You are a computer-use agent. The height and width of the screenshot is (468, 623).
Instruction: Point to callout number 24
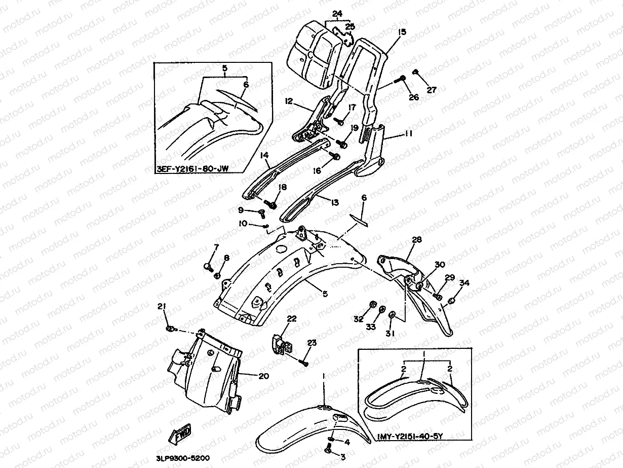(337, 14)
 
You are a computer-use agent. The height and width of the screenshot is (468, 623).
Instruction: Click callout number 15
(402, 32)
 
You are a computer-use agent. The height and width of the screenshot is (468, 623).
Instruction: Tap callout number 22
(291, 318)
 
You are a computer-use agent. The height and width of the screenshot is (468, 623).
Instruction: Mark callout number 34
(464, 282)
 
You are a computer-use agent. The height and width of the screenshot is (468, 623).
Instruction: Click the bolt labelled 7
(207, 265)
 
